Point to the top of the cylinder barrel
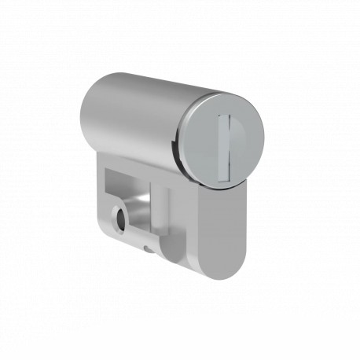pyautogui.click(x=141, y=79)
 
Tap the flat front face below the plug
pyautogui.click(x=222, y=228)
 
